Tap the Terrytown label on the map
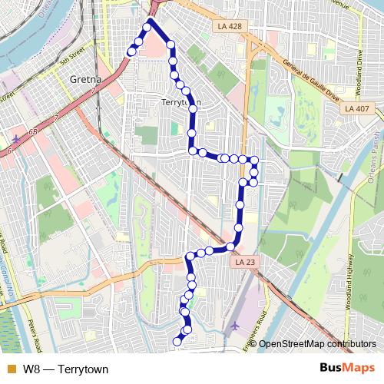click(x=182, y=102)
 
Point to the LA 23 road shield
click(x=243, y=262)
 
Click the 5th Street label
click(x=74, y=55)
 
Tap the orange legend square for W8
click(x=11, y=369)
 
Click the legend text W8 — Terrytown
click(x=65, y=369)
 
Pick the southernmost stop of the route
click(x=177, y=340)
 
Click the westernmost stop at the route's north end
click(x=131, y=51)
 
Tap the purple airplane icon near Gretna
click(x=17, y=138)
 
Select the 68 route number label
click(x=33, y=134)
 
